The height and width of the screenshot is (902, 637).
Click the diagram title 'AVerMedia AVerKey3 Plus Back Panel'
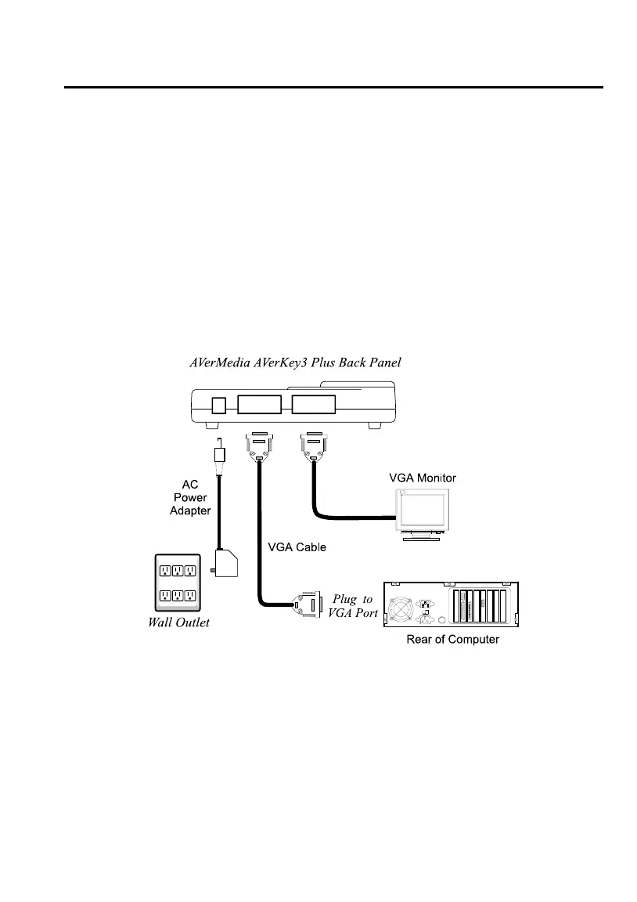tap(297, 363)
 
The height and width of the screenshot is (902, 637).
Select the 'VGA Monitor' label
tap(423, 478)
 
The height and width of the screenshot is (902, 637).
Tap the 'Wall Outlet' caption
tap(179, 624)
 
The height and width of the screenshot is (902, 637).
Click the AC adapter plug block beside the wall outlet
tap(225, 561)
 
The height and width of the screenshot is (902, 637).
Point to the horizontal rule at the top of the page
tap(333, 88)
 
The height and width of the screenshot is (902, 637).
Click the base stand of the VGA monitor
tap(423, 539)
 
